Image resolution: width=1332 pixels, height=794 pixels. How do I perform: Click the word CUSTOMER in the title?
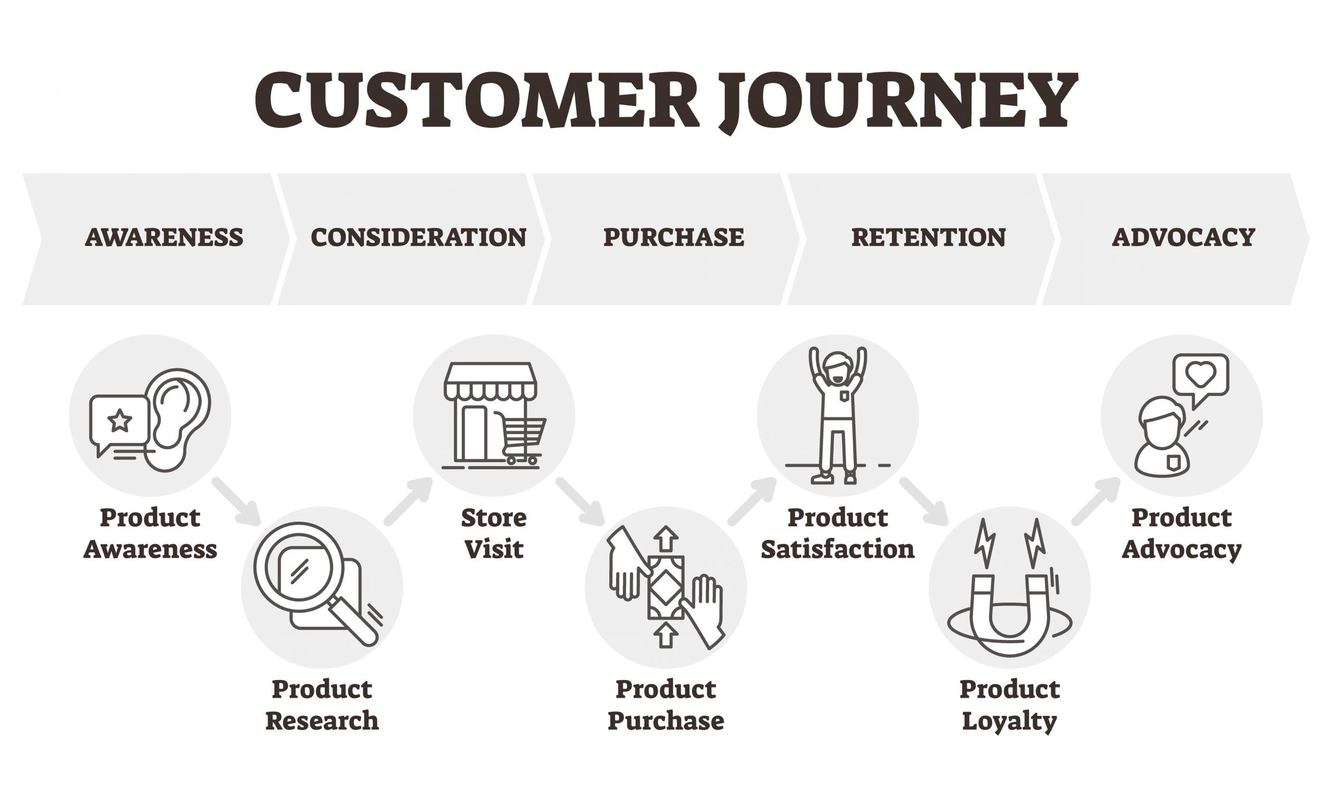[477, 100]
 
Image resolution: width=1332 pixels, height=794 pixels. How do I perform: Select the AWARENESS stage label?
[164, 238]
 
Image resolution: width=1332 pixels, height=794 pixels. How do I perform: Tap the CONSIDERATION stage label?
[419, 238]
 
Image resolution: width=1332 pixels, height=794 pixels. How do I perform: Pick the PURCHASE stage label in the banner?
[673, 238]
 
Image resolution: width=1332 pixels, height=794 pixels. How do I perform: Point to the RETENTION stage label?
[929, 238]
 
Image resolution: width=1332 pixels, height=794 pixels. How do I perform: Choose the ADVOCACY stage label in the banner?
[1184, 238]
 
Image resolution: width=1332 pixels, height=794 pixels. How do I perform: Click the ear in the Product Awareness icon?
[178, 420]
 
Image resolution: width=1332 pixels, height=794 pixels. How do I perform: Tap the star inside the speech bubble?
[120, 421]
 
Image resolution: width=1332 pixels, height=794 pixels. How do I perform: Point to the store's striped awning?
[490, 382]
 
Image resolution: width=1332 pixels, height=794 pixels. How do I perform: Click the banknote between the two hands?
[666, 587]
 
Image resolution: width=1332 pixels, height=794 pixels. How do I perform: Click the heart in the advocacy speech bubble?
[1201, 375]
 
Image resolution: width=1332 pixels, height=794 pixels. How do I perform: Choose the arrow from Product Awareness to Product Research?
[236, 502]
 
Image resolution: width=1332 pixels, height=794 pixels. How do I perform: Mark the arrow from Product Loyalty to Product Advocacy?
[1096, 502]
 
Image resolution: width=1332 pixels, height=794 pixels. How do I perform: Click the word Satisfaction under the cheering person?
[838, 549]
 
